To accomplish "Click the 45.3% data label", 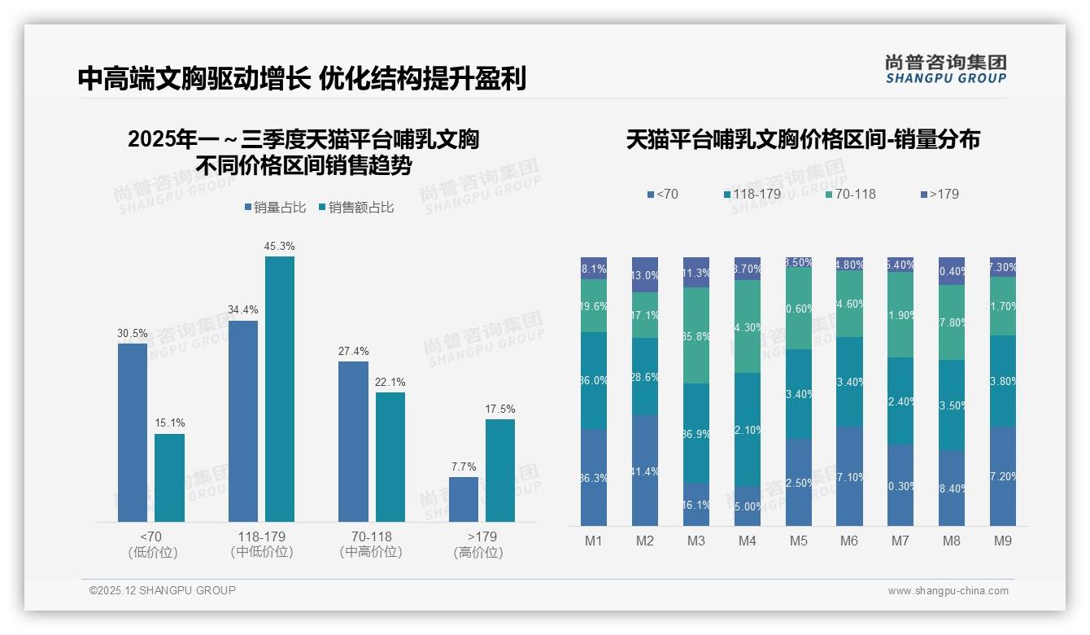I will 279,246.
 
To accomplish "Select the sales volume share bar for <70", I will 133,432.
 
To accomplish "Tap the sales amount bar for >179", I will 500,470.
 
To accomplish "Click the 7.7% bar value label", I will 464,466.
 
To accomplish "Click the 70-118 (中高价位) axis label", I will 371,544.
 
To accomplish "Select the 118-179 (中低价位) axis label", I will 260,544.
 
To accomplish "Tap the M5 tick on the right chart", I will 798,541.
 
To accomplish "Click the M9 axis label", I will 1002,541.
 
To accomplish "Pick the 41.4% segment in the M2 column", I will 645,471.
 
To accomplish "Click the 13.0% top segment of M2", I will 645,275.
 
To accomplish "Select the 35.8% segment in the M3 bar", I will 696,335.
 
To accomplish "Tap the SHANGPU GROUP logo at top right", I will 945,69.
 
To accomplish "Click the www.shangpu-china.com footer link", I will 948,591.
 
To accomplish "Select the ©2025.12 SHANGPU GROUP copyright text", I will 163,590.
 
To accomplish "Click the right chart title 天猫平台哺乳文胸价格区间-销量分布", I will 803,139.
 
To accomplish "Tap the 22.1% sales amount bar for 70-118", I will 390,457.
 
